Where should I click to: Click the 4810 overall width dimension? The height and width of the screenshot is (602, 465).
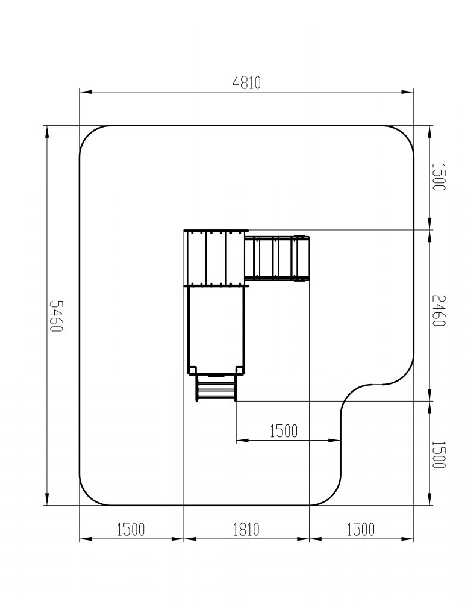point(246,82)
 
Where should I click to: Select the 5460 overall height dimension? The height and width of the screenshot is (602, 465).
point(56,316)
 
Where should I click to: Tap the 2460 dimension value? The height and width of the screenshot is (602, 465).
point(438,311)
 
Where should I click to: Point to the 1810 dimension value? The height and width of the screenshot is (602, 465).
point(246,529)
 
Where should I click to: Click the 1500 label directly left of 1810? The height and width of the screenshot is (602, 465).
point(131,529)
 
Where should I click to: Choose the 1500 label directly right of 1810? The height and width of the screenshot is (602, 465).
point(361,529)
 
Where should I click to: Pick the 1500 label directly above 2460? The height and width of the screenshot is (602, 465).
point(438,177)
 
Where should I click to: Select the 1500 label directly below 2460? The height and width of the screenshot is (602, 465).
point(438,455)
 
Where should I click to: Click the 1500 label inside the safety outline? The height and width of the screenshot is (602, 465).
point(284,431)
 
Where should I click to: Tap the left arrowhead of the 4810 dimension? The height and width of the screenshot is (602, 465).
point(86,92)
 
